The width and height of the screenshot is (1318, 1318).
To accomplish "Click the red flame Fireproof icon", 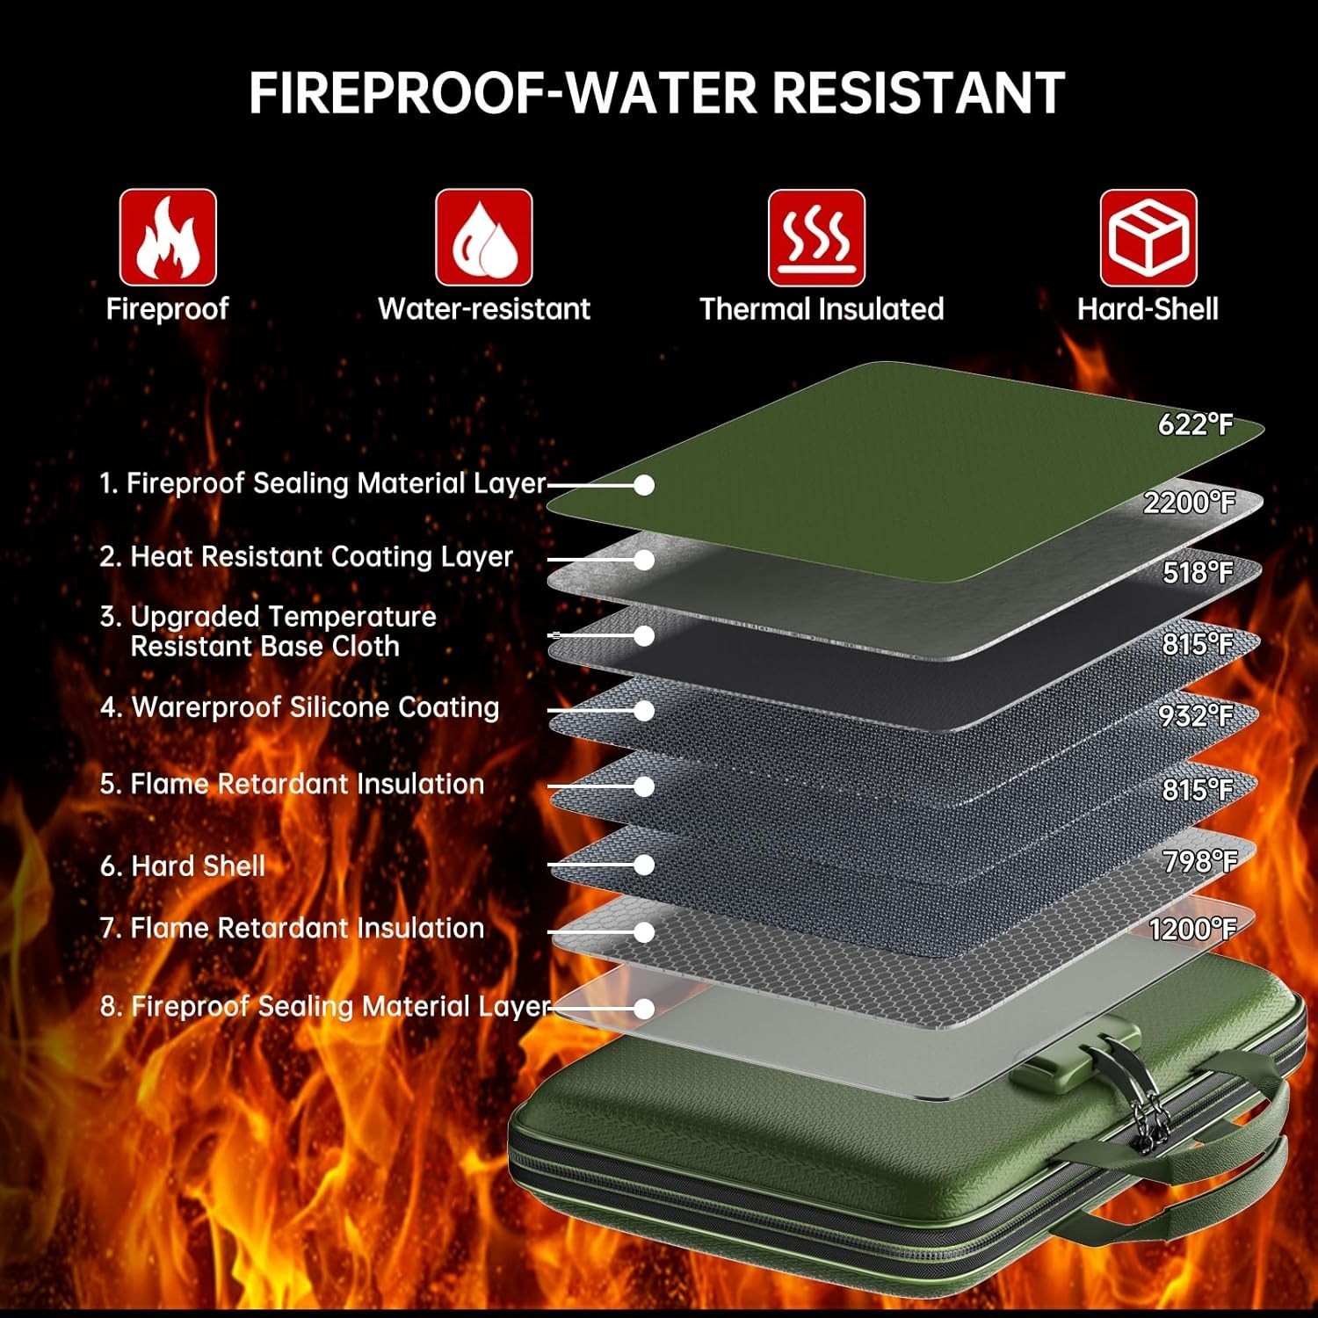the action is pyautogui.click(x=168, y=237).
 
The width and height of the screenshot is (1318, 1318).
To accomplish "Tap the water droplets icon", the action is pyautogui.click(x=484, y=237).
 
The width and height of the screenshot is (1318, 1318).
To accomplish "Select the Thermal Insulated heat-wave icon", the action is pyautogui.click(x=817, y=237).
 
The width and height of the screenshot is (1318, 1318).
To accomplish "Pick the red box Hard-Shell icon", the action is pyautogui.click(x=1148, y=237).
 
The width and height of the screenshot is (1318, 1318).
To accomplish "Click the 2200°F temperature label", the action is pyautogui.click(x=1189, y=503).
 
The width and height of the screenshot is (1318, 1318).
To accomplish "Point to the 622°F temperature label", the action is pyautogui.click(x=1195, y=424).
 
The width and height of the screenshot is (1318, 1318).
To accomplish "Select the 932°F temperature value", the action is pyautogui.click(x=1196, y=716).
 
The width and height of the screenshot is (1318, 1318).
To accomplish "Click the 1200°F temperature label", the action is pyautogui.click(x=1192, y=929).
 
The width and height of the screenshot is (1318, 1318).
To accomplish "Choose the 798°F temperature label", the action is pyautogui.click(x=1199, y=862).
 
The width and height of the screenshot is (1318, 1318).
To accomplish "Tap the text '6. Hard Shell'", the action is pyautogui.click(x=183, y=866).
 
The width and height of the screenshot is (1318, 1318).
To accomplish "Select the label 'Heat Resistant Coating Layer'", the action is pyautogui.click(x=322, y=557).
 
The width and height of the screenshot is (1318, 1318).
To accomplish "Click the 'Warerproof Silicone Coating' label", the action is pyautogui.click(x=315, y=707).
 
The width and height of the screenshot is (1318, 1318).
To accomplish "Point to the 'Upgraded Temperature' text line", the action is pyautogui.click(x=283, y=617).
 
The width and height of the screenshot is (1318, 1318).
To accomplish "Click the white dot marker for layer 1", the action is pyautogui.click(x=644, y=485).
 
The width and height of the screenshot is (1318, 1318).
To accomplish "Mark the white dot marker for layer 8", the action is pyautogui.click(x=644, y=1009).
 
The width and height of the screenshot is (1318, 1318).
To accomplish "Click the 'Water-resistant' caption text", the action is pyautogui.click(x=484, y=309).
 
